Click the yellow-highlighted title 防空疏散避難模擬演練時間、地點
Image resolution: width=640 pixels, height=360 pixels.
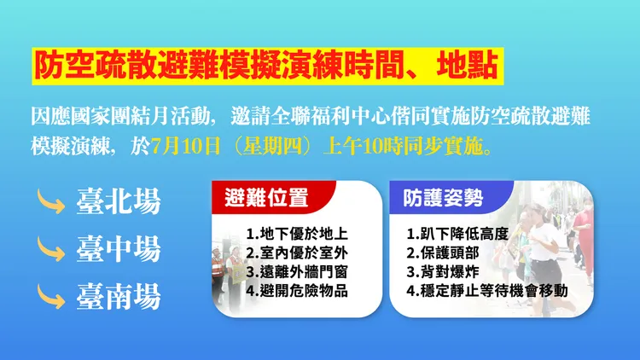263,66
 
